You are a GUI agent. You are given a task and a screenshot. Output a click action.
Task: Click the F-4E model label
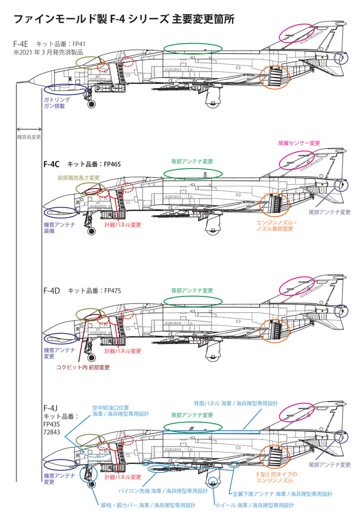tap(21, 44)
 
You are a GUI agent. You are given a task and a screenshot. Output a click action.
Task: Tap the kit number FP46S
tap(112, 164)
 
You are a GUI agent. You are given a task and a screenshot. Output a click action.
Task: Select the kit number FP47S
tap(112, 290)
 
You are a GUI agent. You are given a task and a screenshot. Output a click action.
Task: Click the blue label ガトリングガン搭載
tap(56, 103)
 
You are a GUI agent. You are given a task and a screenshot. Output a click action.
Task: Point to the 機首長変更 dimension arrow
tap(29, 129)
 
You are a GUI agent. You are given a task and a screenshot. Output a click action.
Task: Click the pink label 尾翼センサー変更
tap(299, 143)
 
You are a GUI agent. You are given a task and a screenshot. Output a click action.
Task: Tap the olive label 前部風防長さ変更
tap(78, 178)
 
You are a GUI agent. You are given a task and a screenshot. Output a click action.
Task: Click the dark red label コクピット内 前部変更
tap(83, 367)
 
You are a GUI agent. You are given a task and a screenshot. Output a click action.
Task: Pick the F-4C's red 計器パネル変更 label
tap(122, 225)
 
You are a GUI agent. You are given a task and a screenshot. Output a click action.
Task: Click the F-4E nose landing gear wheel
tap(91, 104)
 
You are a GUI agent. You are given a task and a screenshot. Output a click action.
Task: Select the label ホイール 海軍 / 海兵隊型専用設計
tap(254, 505)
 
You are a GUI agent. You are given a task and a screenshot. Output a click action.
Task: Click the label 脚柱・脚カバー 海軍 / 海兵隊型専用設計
tap(148, 505)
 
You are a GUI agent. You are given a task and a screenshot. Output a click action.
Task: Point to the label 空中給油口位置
tap(110, 408)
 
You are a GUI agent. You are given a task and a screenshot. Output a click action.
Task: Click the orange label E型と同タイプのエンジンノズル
tap(276, 477)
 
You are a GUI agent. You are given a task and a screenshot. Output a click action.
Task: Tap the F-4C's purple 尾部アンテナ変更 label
tap(329, 212)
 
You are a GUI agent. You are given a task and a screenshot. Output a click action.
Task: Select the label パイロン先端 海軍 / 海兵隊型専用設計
tap(163, 491)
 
